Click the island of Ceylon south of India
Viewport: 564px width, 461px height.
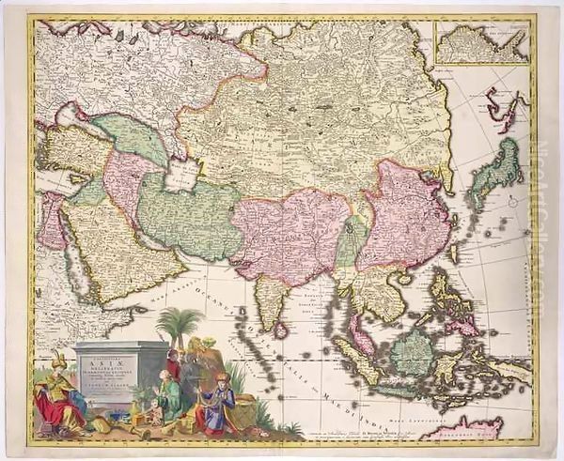pyautogui.click(x=280, y=330)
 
